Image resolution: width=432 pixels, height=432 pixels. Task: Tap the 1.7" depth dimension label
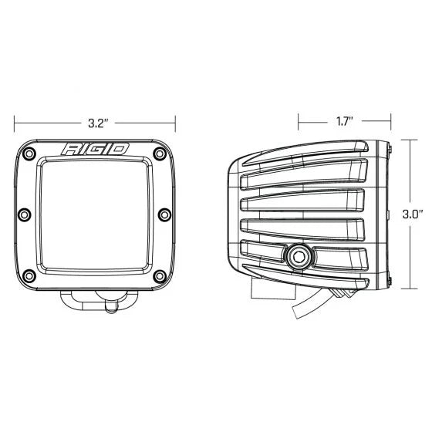tap(344, 121)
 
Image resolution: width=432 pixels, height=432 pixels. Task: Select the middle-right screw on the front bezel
tap(164, 214)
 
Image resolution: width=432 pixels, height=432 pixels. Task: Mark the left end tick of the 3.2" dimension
tap(14, 121)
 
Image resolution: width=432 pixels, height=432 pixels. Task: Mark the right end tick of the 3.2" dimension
tap(177, 121)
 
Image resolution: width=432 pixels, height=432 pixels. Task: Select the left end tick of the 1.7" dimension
tap(299, 121)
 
